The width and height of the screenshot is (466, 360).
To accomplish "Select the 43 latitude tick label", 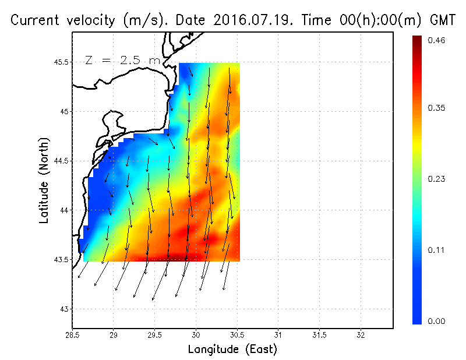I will click(x=65, y=309).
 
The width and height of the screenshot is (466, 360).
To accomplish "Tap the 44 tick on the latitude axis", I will click(x=65, y=210).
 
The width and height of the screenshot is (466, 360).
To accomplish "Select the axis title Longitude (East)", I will click(x=232, y=350).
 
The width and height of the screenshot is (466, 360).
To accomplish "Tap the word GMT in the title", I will click(x=442, y=20).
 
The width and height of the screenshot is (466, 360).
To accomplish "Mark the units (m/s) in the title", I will click(x=142, y=20).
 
